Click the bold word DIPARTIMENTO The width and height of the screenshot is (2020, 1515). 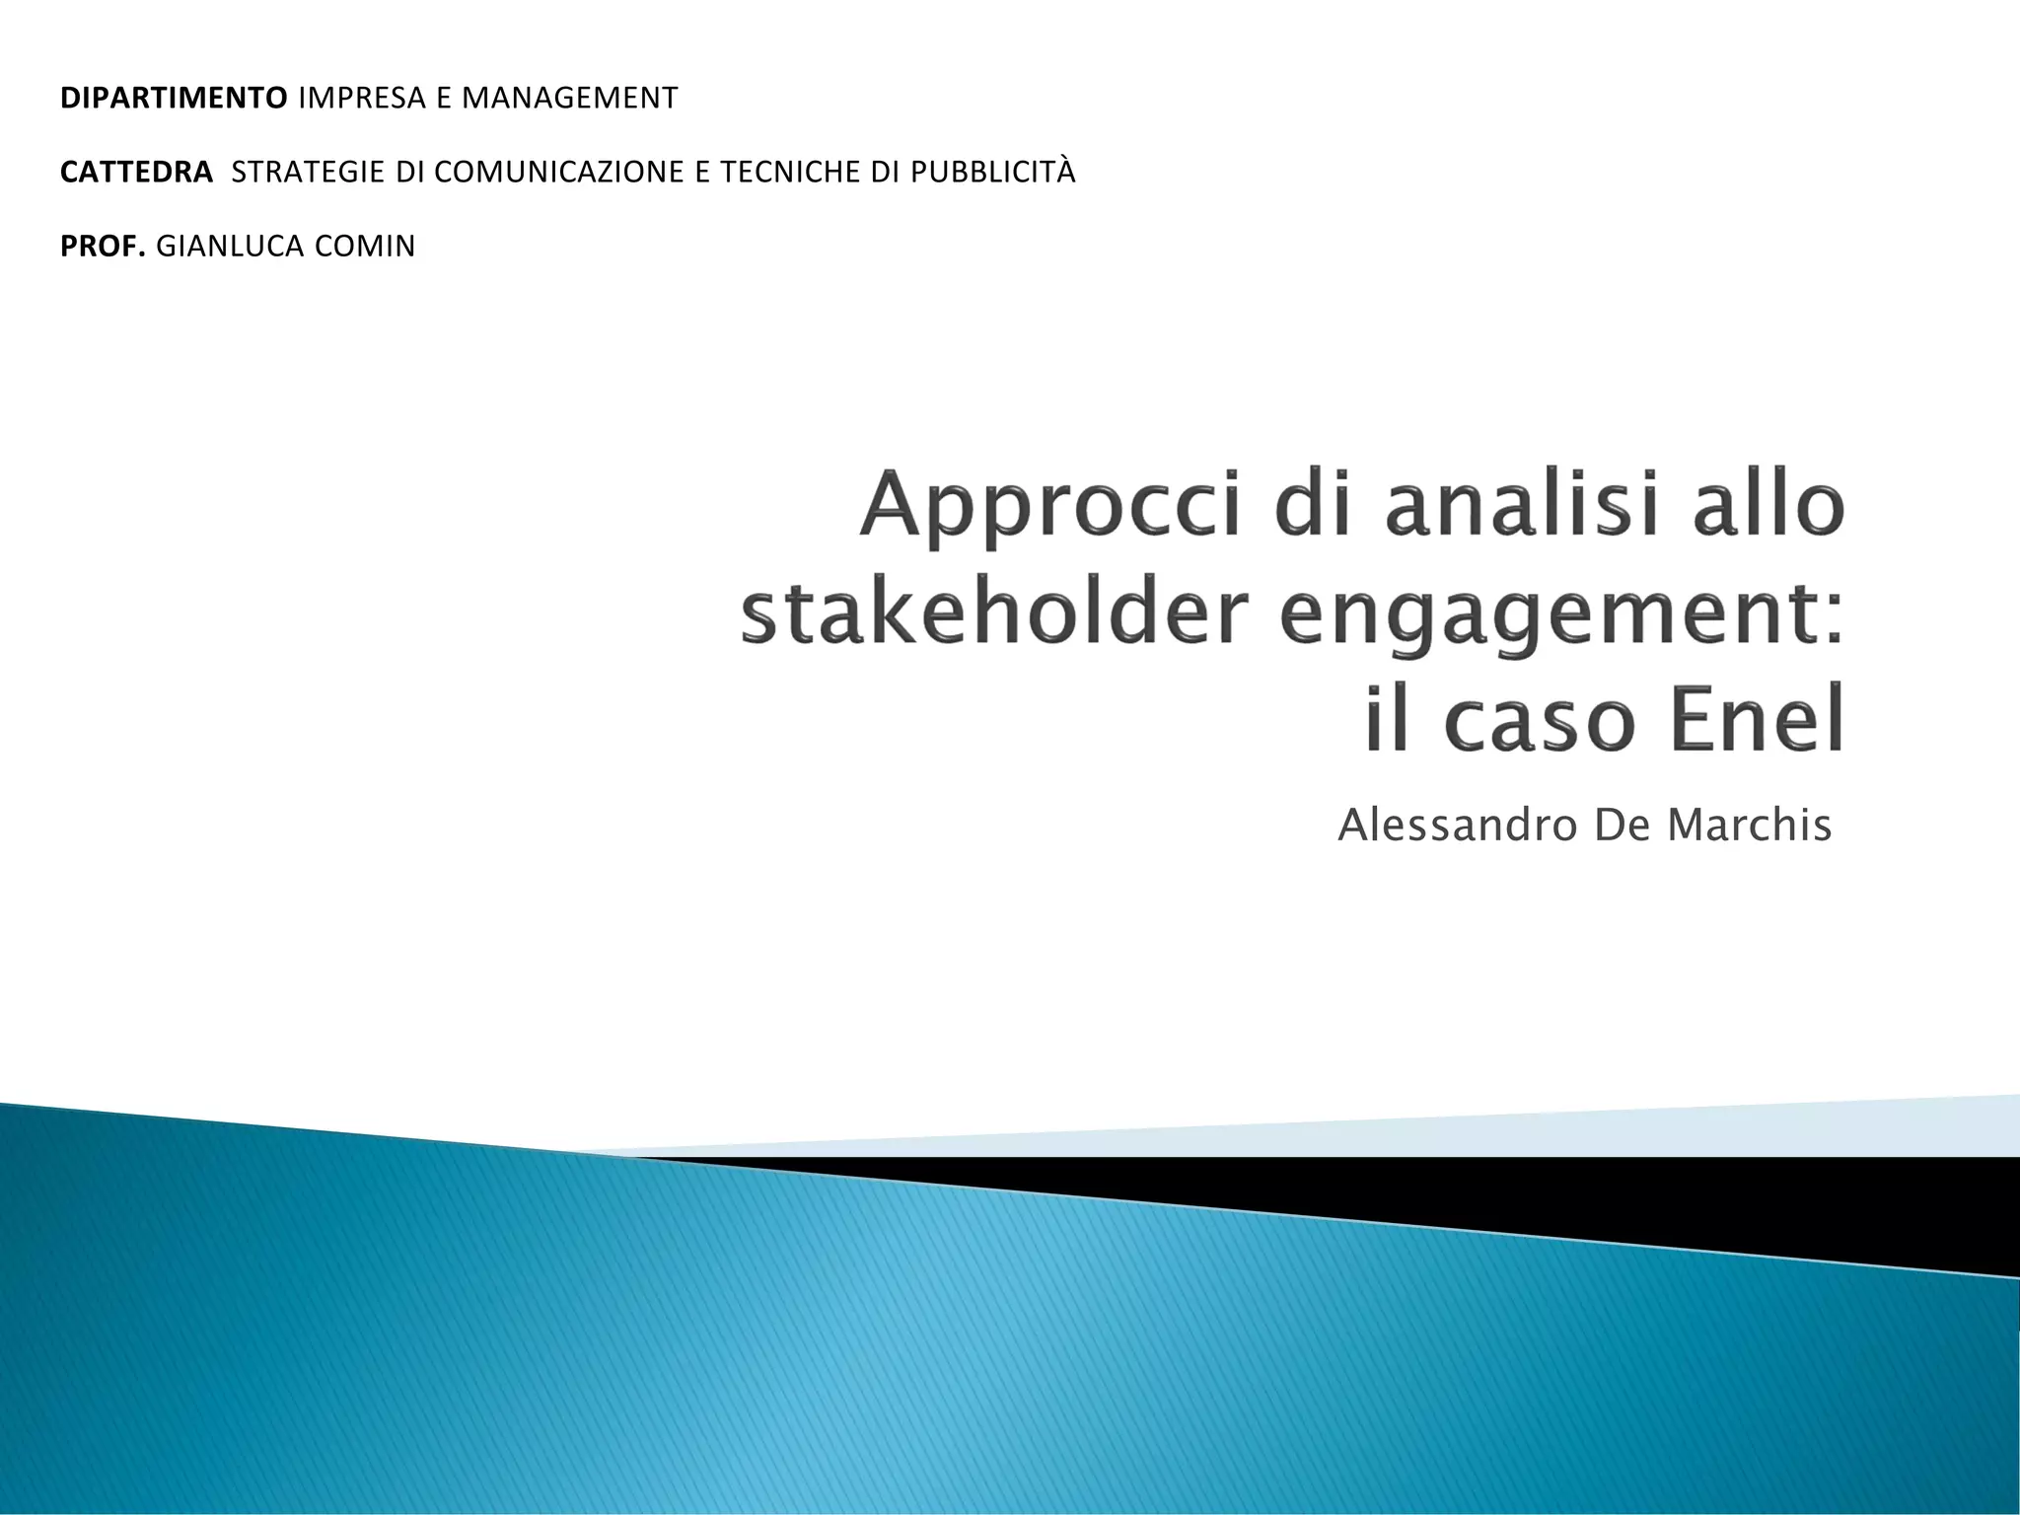click(x=174, y=99)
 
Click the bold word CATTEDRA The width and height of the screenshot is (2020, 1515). click(x=136, y=173)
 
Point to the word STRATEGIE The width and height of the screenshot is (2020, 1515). click(x=309, y=173)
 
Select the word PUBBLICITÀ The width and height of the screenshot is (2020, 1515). click(x=992, y=173)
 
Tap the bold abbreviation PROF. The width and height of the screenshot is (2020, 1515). click(x=103, y=247)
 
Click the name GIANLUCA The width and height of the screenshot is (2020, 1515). click(x=231, y=247)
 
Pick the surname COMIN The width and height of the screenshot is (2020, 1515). click(x=365, y=247)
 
